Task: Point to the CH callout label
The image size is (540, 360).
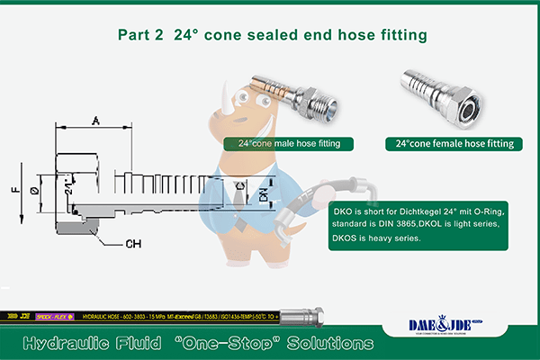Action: tap(131, 243)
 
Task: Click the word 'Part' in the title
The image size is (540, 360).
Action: tap(135, 35)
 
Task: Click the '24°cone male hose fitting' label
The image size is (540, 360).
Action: tap(289, 143)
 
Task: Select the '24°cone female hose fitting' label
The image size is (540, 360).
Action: tap(454, 143)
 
